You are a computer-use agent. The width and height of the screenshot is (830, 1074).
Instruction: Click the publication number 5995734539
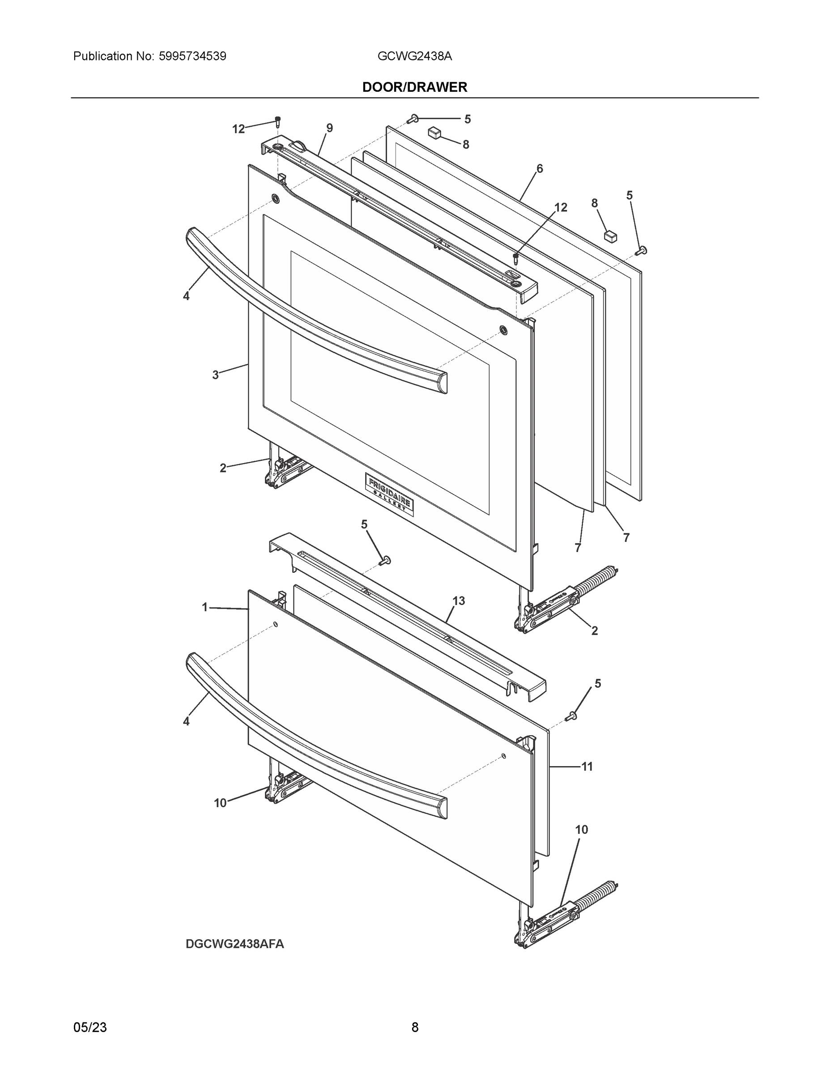point(192,56)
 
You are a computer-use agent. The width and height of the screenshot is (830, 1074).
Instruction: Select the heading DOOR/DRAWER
point(414,87)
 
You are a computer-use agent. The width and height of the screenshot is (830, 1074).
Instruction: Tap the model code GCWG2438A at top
point(414,56)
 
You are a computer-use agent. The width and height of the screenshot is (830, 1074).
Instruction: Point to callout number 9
point(329,128)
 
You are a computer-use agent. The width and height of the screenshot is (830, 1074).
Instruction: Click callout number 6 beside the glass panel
point(540,169)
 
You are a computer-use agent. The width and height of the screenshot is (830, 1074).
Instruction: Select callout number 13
point(458,601)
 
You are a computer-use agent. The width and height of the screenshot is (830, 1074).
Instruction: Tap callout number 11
point(587,766)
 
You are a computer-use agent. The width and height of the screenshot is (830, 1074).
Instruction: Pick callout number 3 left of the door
point(215,375)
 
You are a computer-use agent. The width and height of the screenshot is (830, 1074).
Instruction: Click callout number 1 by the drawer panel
point(205,607)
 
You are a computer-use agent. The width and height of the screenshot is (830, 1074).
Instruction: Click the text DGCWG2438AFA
point(234,944)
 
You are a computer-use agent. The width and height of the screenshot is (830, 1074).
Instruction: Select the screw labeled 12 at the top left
point(277,121)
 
